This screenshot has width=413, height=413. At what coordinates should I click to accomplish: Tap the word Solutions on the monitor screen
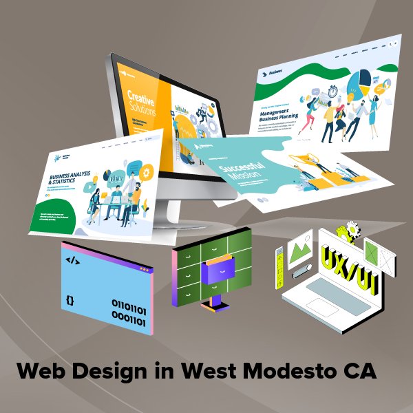[x=142, y=109]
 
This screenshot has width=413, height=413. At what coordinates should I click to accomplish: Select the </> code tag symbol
[x=72, y=260]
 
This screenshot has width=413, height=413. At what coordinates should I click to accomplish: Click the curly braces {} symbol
[x=70, y=300]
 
